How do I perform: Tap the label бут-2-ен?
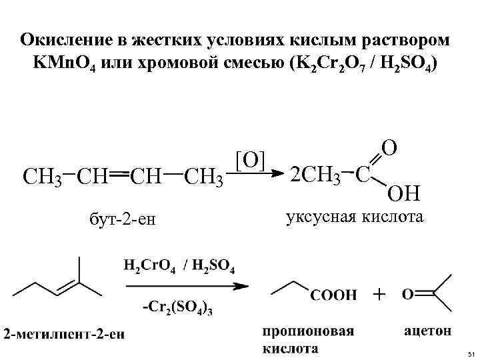(x=121, y=217)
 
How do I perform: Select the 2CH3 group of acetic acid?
(x=315, y=175)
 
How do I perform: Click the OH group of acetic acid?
(x=404, y=193)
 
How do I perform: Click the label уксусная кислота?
(x=354, y=217)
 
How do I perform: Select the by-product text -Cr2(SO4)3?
(x=179, y=307)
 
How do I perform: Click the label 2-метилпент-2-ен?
(x=64, y=334)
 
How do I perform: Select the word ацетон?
(x=427, y=330)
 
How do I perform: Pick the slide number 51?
(x=471, y=353)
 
